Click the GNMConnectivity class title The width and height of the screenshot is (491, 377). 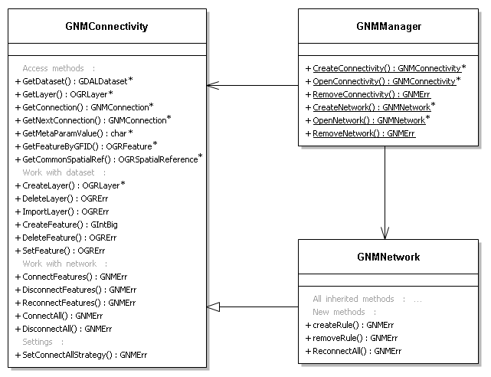(106, 26)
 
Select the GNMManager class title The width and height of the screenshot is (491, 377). (388, 26)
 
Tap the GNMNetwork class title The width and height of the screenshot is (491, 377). (388, 257)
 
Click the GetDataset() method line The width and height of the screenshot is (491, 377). (74, 81)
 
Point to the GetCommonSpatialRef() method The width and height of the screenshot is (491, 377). (109, 159)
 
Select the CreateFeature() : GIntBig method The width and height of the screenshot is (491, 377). (67, 225)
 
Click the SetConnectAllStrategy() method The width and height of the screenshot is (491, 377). (81, 355)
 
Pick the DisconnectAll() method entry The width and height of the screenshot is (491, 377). (64, 329)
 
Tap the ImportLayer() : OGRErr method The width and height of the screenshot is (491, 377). (62, 211)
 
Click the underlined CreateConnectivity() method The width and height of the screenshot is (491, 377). (386, 68)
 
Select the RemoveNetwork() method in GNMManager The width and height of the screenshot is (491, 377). (361, 133)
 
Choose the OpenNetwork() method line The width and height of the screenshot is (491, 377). (368, 120)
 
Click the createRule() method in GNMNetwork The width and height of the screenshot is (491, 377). (350, 325)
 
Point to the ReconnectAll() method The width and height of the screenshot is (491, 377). (354, 351)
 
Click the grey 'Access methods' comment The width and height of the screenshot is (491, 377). (58, 68)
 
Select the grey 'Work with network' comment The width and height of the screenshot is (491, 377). (65, 264)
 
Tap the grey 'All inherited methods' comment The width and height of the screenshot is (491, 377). (367, 299)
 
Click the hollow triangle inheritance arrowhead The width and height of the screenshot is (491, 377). (213, 307)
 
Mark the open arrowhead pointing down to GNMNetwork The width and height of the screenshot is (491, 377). (385, 233)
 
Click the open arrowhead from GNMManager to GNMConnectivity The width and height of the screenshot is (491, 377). (213, 85)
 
